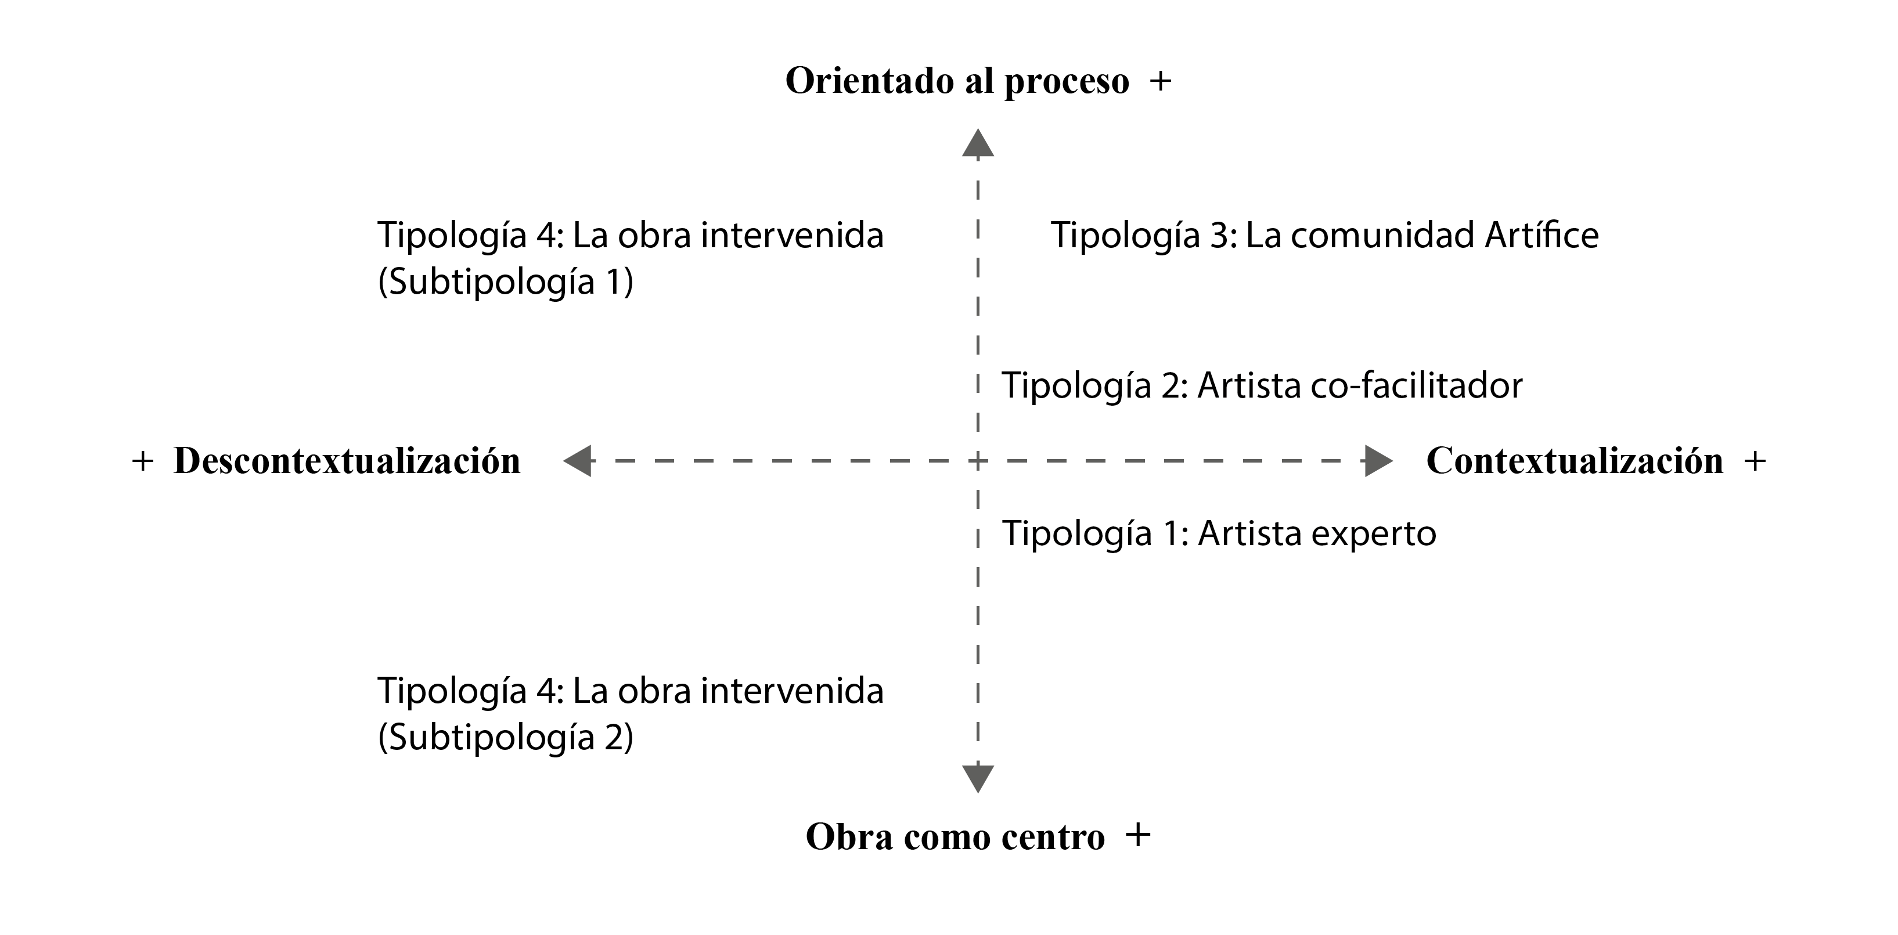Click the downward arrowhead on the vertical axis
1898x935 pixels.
click(x=978, y=778)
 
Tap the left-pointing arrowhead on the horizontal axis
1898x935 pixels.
click(x=578, y=461)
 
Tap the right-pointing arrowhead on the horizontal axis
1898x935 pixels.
click(x=1378, y=461)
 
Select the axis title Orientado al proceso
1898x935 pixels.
click(x=956, y=82)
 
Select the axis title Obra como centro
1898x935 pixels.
click(x=955, y=837)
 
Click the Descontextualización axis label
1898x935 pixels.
click(x=347, y=461)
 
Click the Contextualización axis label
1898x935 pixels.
click(x=1575, y=461)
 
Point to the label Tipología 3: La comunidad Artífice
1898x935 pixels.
click(x=1324, y=236)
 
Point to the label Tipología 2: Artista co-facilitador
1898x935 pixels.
click(x=1262, y=386)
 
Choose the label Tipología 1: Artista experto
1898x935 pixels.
click(x=1219, y=533)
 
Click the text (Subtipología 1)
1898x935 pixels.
click(x=506, y=281)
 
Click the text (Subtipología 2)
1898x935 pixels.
click(x=506, y=738)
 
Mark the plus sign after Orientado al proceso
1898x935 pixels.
click(x=1161, y=82)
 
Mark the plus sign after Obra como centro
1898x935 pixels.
click(x=1139, y=836)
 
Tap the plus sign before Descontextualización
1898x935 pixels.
click(x=143, y=462)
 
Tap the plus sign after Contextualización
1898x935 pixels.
click(x=1755, y=462)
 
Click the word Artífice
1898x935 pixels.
click(x=1542, y=236)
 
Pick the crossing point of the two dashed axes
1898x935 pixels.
click(x=978, y=461)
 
